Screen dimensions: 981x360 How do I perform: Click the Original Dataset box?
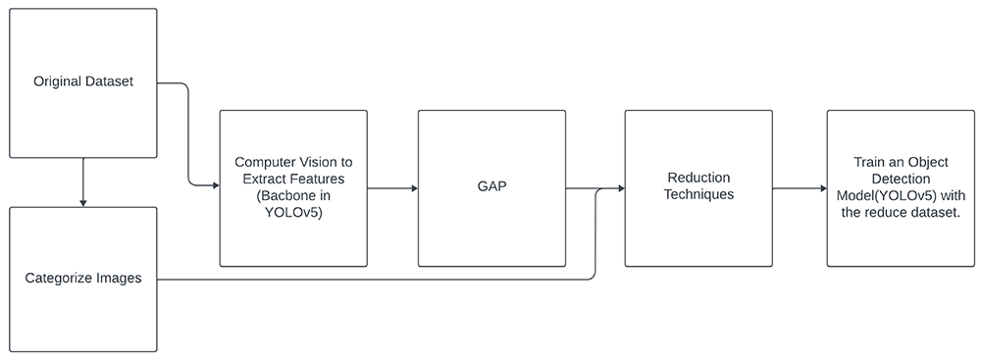[83, 82]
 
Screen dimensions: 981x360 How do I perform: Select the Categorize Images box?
[83, 280]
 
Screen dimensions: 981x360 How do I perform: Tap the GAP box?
[491, 188]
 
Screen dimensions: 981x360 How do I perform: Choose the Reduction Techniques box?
[698, 188]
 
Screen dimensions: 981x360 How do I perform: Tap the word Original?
[56, 82]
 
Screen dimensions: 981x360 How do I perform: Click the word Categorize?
[55, 278]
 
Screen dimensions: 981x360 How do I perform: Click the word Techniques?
[698, 194]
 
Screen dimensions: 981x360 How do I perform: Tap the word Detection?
[901, 180]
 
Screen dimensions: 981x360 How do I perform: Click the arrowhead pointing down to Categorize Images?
[83, 202]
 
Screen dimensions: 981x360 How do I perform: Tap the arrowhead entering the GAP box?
[414, 188]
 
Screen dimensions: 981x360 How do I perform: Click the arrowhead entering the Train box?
[823, 188]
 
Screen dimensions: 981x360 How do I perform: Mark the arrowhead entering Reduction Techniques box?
[620, 188]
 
